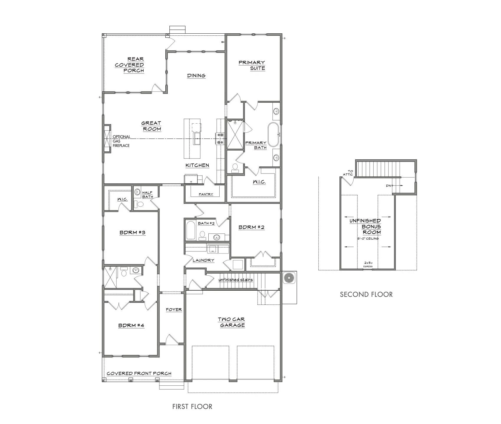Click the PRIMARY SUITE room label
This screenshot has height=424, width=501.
click(252, 65)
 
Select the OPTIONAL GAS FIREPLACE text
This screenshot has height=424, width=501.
click(121, 141)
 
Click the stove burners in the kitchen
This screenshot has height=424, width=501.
click(220, 139)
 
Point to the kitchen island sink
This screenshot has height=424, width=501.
click(197, 138)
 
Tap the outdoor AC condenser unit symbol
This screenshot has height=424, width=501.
click(289, 278)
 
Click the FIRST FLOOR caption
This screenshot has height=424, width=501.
click(192, 406)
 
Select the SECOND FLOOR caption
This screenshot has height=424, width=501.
click(366, 294)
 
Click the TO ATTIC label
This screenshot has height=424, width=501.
click(348, 173)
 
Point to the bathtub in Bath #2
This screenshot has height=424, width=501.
click(191, 230)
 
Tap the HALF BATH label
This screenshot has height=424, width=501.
click(147, 195)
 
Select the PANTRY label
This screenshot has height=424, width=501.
click(206, 194)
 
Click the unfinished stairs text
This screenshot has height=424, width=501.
click(235, 280)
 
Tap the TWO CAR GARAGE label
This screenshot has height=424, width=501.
click(232, 322)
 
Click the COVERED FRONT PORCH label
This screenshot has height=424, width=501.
click(139, 373)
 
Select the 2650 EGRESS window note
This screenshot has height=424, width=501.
click(368, 264)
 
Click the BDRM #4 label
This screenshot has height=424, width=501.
click(131, 325)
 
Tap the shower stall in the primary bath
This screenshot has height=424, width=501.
click(235, 135)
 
